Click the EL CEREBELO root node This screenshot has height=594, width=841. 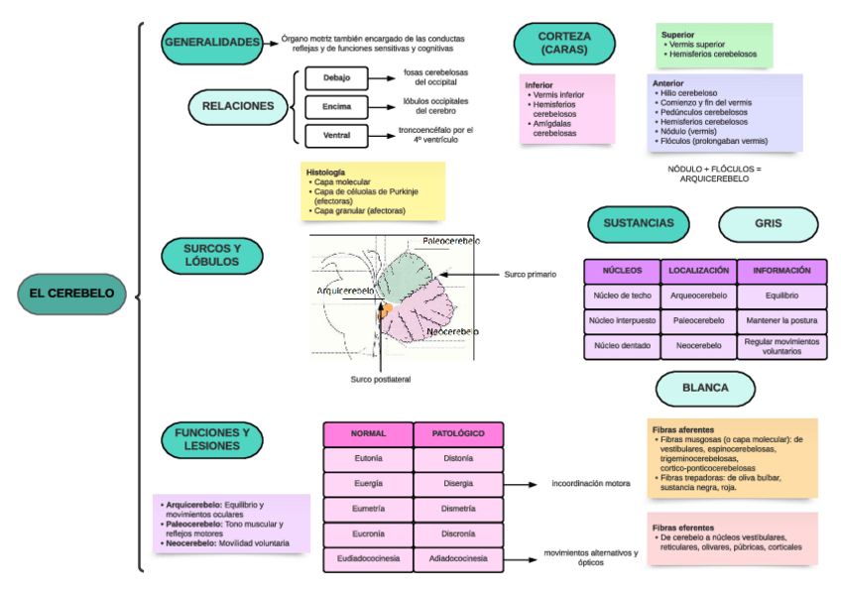tap(70, 294)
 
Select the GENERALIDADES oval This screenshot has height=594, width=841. tap(212, 43)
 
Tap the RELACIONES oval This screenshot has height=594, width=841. tap(238, 105)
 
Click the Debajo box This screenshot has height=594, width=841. tap(337, 77)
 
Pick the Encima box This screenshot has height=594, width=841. tap(337, 105)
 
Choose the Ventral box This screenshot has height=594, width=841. tap(337, 134)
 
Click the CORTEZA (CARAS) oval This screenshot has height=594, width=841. tap(563, 43)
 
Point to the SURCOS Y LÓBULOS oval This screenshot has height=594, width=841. tap(211, 255)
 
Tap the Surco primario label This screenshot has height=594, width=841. tap(530, 274)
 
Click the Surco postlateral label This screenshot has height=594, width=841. tap(380, 379)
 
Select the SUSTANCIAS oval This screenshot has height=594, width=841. tap(638, 224)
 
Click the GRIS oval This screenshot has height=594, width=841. tap(768, 224)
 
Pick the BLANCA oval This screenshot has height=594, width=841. tap(705, 388)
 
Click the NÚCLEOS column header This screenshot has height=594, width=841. tap(622, 271)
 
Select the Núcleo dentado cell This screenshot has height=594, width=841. tap(622, 346)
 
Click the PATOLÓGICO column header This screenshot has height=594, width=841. tap(458, 433)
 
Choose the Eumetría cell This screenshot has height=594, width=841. tap(368, 510)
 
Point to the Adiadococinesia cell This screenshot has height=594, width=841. tap(458, 559)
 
